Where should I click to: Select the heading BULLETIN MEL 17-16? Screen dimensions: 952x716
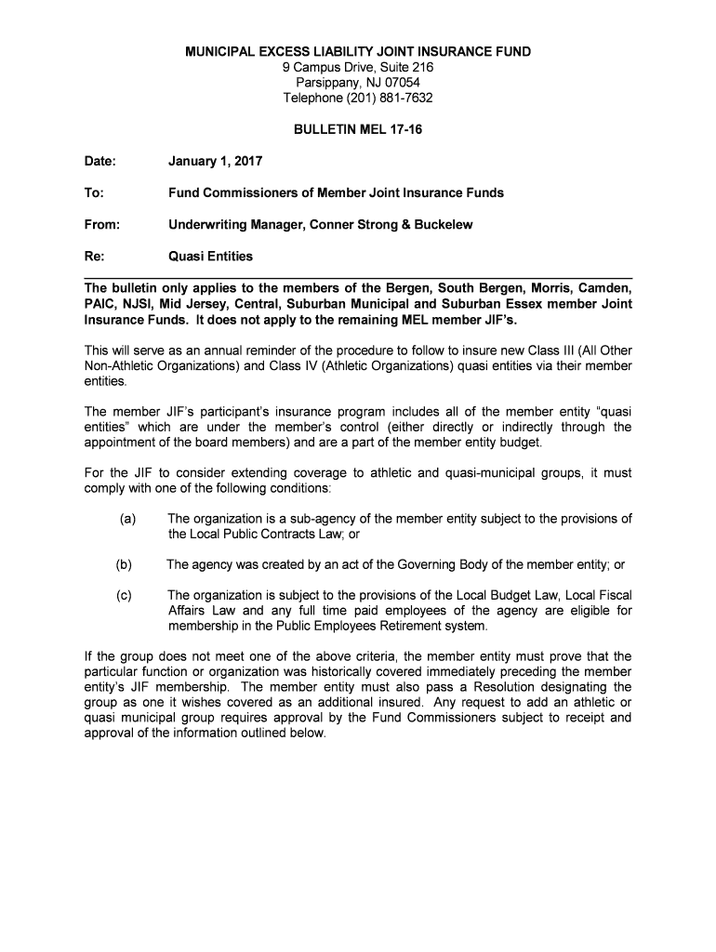358,130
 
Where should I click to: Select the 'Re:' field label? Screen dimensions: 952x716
94,256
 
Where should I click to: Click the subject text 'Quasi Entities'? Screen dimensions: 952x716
209,256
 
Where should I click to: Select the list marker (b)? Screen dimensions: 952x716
124,564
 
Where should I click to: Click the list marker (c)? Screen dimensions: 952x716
124,595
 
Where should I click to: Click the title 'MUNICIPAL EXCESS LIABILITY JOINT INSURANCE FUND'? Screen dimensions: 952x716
358,52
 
